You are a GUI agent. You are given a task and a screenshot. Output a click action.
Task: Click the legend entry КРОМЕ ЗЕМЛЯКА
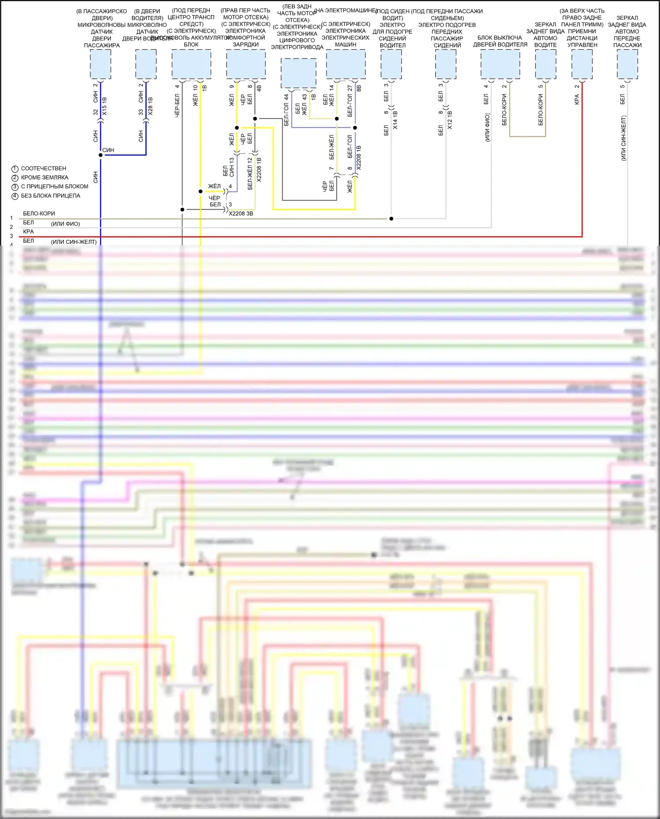[44, 178]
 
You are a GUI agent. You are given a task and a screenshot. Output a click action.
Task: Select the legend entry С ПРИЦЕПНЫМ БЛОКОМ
[55, 187]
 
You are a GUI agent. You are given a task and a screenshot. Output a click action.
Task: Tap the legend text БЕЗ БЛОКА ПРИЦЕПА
[51, 196]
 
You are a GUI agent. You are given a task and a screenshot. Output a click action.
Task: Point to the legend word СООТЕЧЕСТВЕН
[44, 169]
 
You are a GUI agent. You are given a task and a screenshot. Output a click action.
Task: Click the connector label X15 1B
[104, 107]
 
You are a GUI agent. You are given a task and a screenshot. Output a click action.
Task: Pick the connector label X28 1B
[150, 107]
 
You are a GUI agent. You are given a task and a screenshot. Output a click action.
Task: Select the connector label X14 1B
[395, 120]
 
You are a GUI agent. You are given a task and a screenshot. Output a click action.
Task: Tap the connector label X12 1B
[450, 120]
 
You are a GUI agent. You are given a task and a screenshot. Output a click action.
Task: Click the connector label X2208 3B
[241, 214]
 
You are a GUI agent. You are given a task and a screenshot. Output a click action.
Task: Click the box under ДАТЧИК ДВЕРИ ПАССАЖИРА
[101, 64]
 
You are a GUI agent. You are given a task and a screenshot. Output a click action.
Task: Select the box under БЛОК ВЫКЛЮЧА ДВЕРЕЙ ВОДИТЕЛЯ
[500, 64]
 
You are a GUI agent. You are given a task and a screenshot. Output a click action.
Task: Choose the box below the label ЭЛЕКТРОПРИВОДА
[298, 73]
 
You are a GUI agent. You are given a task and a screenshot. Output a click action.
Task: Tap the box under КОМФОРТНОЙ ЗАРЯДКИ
[246, 64]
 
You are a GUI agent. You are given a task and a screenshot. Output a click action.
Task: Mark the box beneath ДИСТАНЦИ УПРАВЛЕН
[582, 64]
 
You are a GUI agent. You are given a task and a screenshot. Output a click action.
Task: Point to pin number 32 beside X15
[95, 112]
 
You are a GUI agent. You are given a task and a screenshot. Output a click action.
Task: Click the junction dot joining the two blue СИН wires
[101, 155]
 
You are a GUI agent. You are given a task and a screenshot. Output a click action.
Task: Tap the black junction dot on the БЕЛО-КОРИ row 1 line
[391, 219]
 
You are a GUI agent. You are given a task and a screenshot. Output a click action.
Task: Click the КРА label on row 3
[28, 232]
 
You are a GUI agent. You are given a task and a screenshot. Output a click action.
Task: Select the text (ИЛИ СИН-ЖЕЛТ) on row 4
[73, 242]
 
